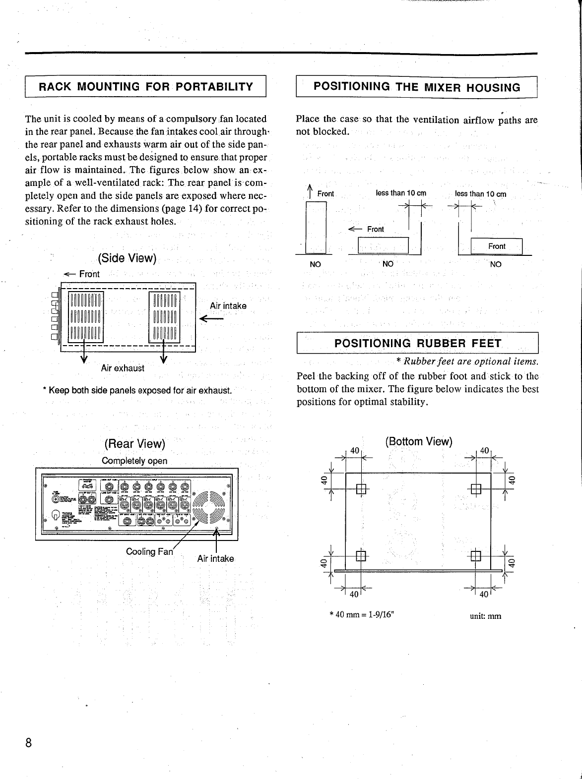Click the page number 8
tap(29, 742)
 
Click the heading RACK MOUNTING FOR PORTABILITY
tap(146, 87)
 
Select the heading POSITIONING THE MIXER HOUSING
tap(417, 87)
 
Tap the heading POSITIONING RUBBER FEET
tap(417, 343)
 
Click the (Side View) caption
tap(127, 258)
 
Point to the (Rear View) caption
tap(134, 443)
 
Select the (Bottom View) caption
tap(419, 441)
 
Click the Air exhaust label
tap(123, 368)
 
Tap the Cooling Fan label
tap(149, 551)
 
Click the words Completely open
tap(134, 461)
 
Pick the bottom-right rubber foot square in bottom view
tap(475, 556)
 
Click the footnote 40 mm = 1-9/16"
tap(362, 615)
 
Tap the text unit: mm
tap(485, 616)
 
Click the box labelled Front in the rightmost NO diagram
tap(496, 246)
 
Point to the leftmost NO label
tap(315, 264)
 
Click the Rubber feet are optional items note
tap(467, 361)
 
